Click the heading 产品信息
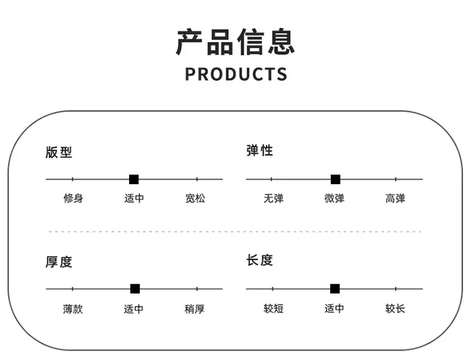[x=235, y=42]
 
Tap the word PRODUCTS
[x=236, y=74]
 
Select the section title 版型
[x=59, y=152]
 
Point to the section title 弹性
[x=259, y=150]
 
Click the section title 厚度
[x=59, y=262]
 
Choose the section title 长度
[x=259, y=260]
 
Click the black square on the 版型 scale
[x=133, y=180]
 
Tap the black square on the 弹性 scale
[x=335, y=180]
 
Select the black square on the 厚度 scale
[x=135, y=289]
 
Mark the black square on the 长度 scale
[x=335, y=289]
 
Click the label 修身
[x=73, y=198]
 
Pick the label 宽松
[x=195, y=198]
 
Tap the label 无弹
[x=273, y=198]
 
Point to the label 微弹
[x=334, y=198]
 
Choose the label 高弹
[x=395, y=198]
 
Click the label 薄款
[x=73, y=309]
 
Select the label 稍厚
[x=194, y=309]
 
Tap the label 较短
[x=273, y=308]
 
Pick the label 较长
[x=395, y=308]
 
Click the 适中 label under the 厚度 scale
[x=133, y=309]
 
